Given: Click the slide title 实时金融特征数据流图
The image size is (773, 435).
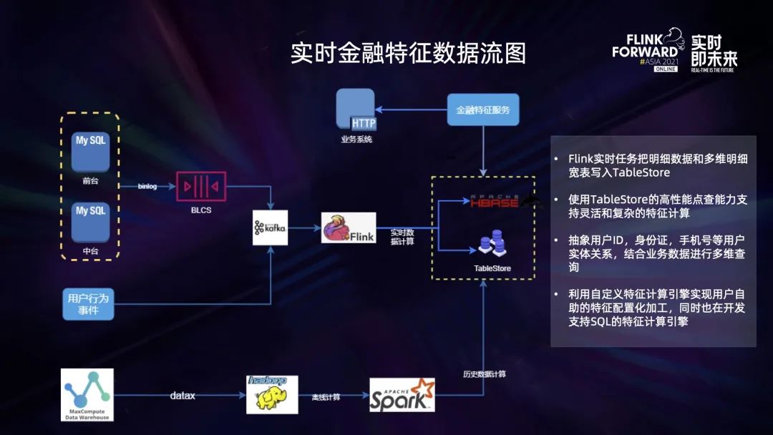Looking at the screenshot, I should (x=408, y=54).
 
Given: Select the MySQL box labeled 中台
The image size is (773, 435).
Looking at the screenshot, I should (x=91, y=221).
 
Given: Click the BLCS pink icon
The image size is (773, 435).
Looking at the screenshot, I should (x=201, y=187).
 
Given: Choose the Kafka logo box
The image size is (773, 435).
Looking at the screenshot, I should (x=270, y=228).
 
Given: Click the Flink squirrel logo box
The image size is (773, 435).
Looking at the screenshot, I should (x=349, y=228).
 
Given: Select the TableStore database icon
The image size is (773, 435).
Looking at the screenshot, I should (x=492, y=245).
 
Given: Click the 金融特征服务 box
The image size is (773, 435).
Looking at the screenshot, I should (x=483, y=110).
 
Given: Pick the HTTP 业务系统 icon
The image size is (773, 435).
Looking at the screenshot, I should (x=356, y=110).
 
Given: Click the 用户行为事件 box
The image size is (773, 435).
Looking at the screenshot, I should (x=87, y=303).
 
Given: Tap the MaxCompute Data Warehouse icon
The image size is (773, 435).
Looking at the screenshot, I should (x=87, y=394).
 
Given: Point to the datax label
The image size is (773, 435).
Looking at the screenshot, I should (x=183, y=395).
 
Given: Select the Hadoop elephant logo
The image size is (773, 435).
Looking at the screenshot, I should (x=272, y=394).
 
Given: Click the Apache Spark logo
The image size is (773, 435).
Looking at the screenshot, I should (x=402, y=395).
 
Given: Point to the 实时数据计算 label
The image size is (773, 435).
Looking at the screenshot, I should (x=402, y=237).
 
